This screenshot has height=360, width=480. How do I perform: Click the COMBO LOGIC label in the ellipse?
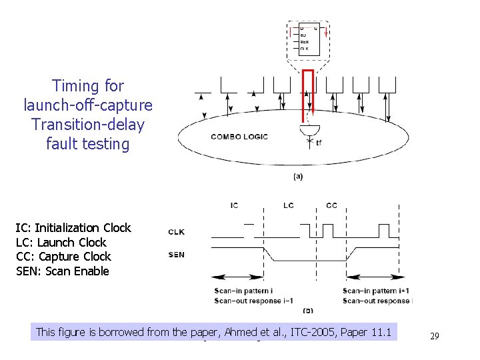point(239,137)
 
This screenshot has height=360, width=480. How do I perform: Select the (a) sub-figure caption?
point(299,176)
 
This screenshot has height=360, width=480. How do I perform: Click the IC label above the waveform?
point(234,205)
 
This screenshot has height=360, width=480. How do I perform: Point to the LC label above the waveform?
point(288,205)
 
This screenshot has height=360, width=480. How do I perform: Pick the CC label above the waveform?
point(331,205)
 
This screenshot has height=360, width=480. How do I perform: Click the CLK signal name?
point(177,232)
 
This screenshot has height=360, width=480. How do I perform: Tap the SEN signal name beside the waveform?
point(177,255)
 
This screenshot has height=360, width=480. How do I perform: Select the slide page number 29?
point(434,336)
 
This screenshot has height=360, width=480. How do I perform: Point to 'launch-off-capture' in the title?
point(87,105)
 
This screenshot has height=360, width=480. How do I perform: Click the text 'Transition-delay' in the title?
point(87,125)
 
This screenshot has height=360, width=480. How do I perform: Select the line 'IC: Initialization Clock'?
point(73,228)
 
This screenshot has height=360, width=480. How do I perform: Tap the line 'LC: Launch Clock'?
point(61,243)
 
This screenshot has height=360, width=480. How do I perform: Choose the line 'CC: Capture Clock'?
point(63,257)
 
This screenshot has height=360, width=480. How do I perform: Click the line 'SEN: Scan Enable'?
point(62,271)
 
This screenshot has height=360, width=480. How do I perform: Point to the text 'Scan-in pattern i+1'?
point(375,291)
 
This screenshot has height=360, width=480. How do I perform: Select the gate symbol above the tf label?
point(310,127)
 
